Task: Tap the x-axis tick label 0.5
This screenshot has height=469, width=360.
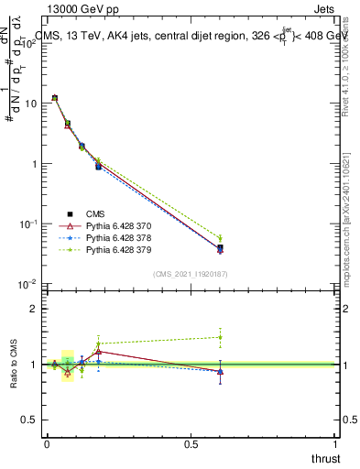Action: [x=191, y=444]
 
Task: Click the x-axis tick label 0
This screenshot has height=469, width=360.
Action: [x=47, y=444]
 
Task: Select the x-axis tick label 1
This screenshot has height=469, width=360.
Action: [x=336, y=444]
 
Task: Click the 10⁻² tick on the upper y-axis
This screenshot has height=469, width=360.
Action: [x=28, y=285]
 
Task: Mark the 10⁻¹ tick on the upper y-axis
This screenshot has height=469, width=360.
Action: [x=28, y=224]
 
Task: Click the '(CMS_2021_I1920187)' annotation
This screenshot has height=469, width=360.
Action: [x=191, y=273]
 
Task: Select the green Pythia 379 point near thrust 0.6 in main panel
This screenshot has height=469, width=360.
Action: [x=220, y=238]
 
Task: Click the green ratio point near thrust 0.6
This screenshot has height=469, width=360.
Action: [x=220, y=337]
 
